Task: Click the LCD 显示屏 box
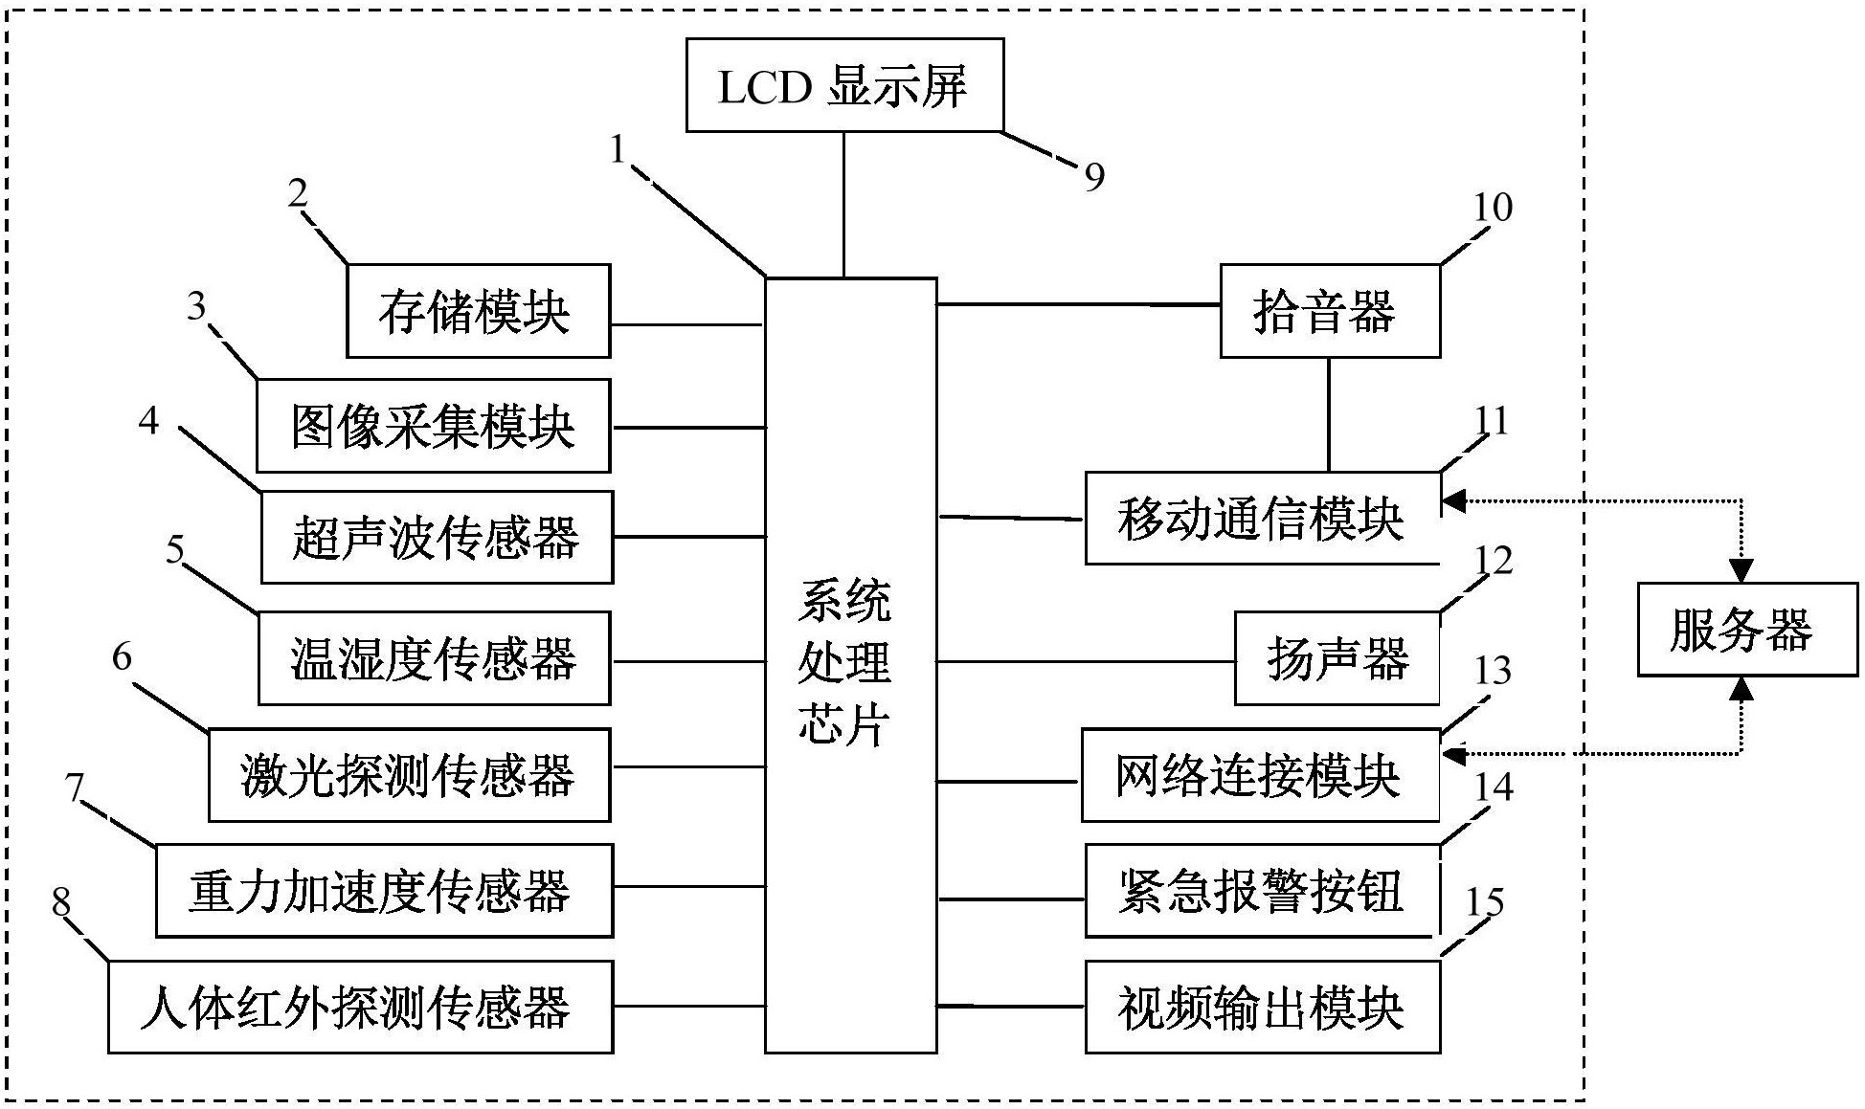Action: click(843, 85)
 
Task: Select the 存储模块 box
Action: click(478, 311)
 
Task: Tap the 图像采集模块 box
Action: click(433, 426)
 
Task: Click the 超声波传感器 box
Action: click(437, 537)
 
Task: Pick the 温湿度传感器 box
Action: click(434, 658)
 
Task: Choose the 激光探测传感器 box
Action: click(409, 775)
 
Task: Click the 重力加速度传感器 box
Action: click(383, 890)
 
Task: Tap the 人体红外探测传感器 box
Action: click(360, 1007)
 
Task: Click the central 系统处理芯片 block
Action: click(850, 664)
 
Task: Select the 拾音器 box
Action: click(1329, 311)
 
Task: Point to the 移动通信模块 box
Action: click(1261, 518)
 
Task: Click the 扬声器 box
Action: click(1337, 658)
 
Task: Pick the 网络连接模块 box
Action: click(1260, 775)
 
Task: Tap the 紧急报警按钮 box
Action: click(1261, 890)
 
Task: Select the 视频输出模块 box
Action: click(1261, 1007)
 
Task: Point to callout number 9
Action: click(1094, 177)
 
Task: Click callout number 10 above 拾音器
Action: click(1492, 208)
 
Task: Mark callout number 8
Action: click(61, 901)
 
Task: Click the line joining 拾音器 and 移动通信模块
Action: click(1329, 414)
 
